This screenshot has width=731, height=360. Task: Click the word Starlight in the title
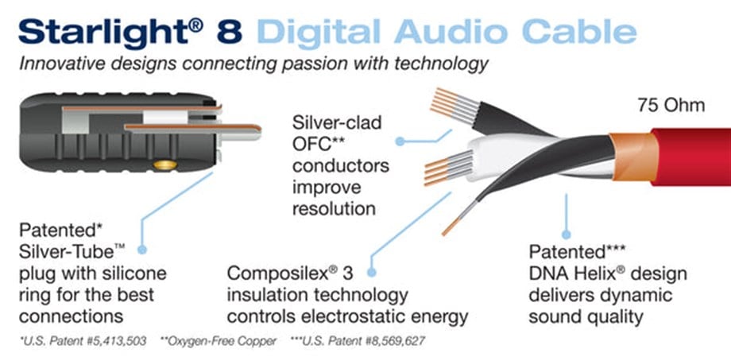(106, 31)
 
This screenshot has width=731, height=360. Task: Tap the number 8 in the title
(229, 31)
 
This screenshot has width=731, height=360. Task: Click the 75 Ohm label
(671, 106)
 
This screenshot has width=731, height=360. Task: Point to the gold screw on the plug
(165, 165)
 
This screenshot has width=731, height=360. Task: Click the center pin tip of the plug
(257, 133)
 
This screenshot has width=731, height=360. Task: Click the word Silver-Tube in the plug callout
(66, 252)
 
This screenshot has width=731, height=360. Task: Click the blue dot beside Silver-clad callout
(400, 141)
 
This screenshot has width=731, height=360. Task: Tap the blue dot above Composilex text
(372, 273)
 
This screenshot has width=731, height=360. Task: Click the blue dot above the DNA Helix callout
(567, 234)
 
